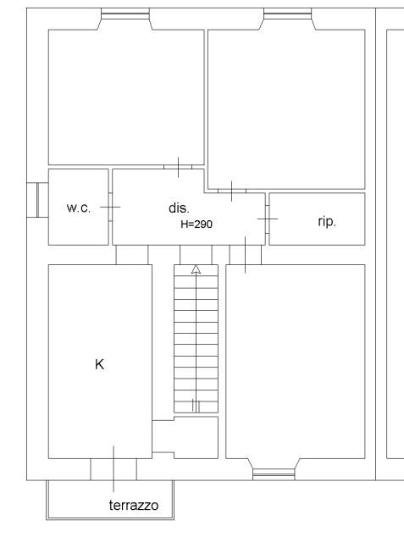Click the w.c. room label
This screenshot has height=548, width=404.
click(x=79, y=208)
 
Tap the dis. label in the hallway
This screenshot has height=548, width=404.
click(x=179, y=208)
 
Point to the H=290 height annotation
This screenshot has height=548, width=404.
click(x=196, y=224)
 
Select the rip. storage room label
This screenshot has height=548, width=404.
click(x=327, y=222)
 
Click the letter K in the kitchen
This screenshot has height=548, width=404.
click(x=100, y=364)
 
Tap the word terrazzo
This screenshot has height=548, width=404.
click(x=134, y=506)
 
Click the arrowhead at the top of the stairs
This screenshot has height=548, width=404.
click(x=196, y=269)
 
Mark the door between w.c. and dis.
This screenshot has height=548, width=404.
click(x=110, y=207)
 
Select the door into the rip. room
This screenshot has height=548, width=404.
click(x=268, y=219)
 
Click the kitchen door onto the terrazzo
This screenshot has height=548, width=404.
click(x=113, y=469)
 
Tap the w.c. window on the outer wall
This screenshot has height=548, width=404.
click(x=37, y=200)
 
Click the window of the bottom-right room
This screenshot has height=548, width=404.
click(x=274, y=474)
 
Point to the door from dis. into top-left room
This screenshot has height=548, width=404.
click(x=178, y=167)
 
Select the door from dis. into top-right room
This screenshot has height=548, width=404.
click(x=232, y=191)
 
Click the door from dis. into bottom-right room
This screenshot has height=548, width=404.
click(x=246, y=255)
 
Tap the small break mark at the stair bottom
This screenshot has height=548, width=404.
click(x=196, y=406)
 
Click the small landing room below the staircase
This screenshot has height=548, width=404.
click(x=196, y=437)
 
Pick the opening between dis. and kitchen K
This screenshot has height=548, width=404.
click(x=132, y=255)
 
